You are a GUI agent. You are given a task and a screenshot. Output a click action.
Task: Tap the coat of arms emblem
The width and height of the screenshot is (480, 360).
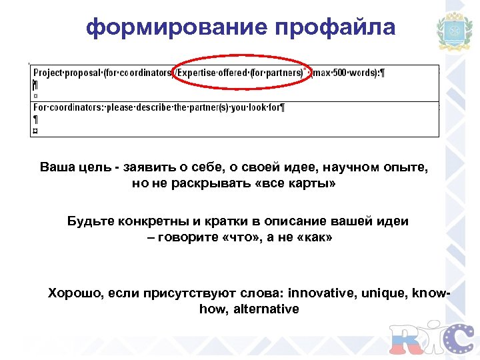453,31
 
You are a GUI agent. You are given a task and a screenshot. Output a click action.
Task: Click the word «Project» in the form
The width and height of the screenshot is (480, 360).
48,73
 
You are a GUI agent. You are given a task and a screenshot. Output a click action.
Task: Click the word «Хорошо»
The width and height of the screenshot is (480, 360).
73,293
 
